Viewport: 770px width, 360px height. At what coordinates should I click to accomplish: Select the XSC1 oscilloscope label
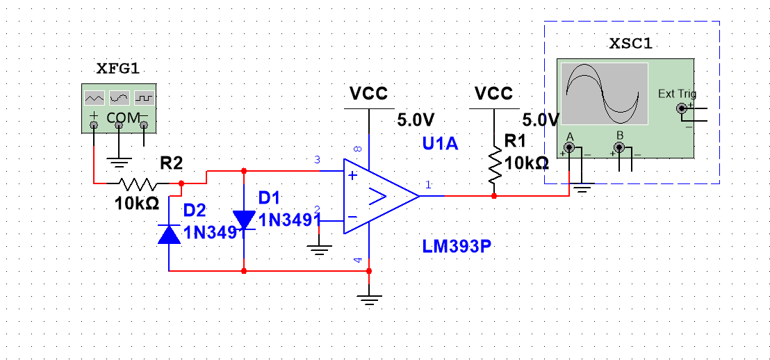(630, 44)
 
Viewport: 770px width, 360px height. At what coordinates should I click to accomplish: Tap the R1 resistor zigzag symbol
(494, 165)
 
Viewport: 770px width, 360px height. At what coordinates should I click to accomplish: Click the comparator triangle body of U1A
(379, 196)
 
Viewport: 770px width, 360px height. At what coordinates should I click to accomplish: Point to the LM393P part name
(452, 246)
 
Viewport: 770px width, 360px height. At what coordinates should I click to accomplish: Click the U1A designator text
(441, 144)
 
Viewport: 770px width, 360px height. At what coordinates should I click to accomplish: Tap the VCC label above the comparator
(368, 93)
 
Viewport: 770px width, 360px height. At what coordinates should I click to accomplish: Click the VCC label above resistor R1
(493, 93)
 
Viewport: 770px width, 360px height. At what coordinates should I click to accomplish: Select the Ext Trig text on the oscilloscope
(676, 94)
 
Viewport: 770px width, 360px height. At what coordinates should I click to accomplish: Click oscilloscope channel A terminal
(570, 147)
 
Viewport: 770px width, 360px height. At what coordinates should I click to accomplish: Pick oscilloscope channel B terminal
(619, 147)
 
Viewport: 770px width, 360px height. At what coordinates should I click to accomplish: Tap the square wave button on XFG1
(144, 97)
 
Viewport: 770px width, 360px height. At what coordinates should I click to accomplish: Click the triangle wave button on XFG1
(94, 97)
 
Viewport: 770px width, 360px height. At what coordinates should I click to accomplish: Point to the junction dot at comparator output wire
(494, 196)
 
